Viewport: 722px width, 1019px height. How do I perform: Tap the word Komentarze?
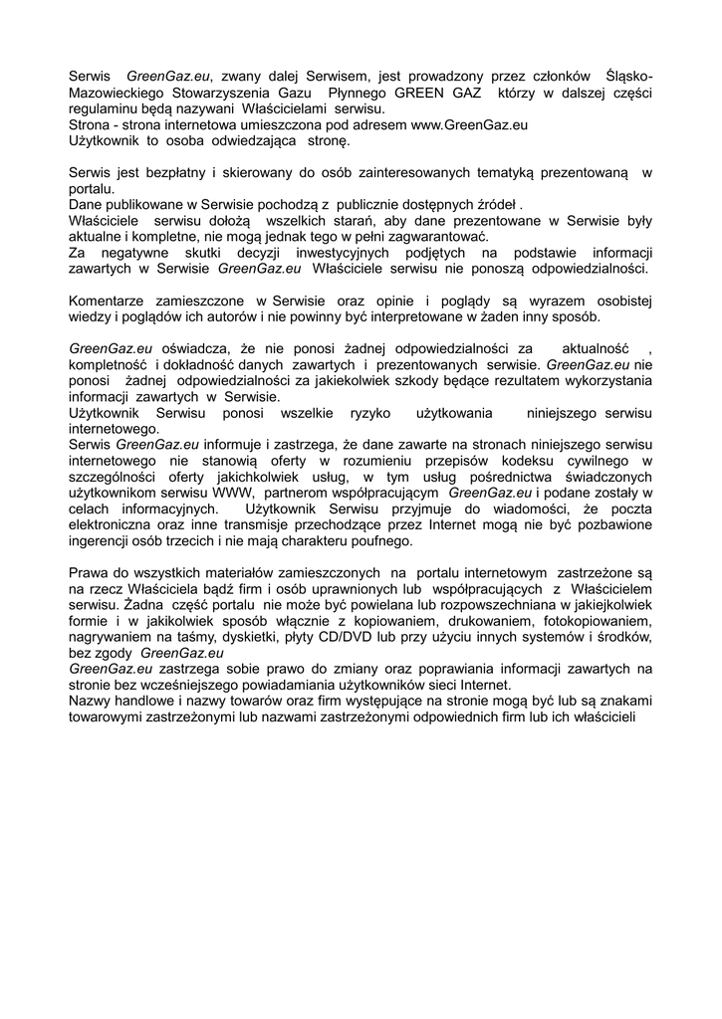109,301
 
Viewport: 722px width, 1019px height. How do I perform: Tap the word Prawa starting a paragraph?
89,572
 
